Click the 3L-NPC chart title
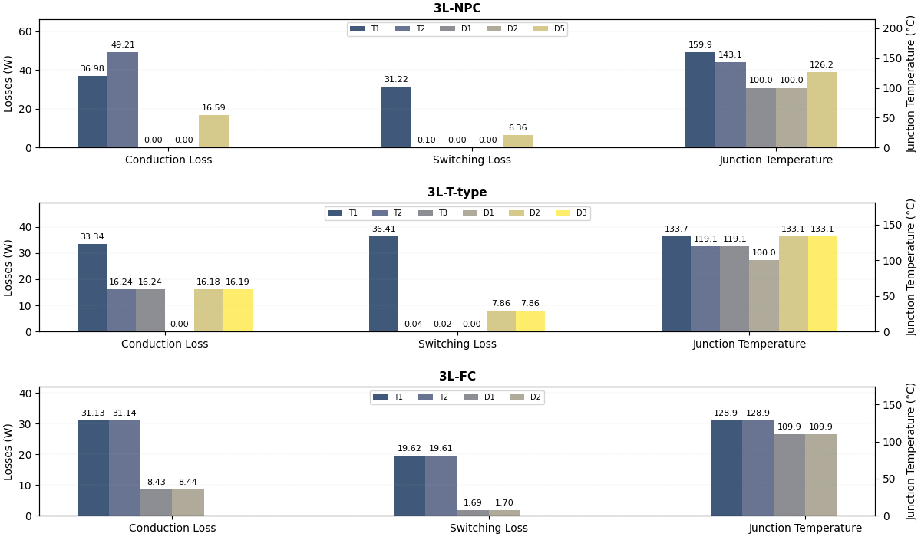point(457,8)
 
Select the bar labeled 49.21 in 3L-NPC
point(123,100)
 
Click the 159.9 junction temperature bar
point(700,100)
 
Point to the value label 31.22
point(396,80)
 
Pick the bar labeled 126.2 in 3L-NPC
point(821,110)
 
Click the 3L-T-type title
point(457,193)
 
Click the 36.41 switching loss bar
point(384,284)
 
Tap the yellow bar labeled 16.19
point(238,310)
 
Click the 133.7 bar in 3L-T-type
point(676,284)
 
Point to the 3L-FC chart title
point(457,377)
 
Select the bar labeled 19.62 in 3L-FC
point(409,486)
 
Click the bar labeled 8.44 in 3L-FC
point(188,502)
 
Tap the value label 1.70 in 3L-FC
point(504,503)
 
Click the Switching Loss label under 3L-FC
point(488,528)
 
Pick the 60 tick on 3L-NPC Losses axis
point(25,31)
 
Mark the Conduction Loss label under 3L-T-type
point(164,344)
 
